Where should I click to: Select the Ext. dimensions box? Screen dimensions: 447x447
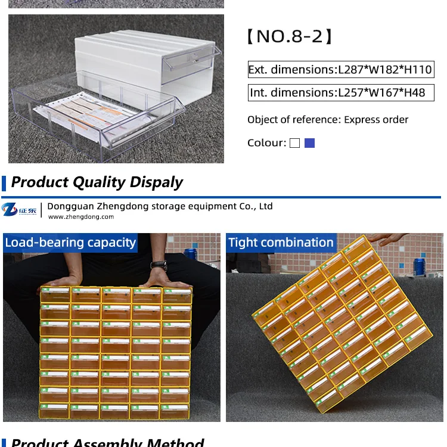pyautogui.click(x=340, y=70)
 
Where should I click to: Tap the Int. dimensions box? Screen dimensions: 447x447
pyautogui.click(x=337, y=93)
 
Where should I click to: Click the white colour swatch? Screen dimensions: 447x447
pyautogui.click(x=294, y=143)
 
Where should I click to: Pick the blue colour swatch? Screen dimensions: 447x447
pyautogui.click(x=309, y=143)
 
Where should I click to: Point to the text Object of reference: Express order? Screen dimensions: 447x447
pyautogui.click(x=328, y=120)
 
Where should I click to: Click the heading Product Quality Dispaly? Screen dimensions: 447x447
pyautogui.click(x=97, y=182)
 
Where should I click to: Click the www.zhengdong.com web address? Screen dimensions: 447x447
pyautogui.click(x=80, y=217)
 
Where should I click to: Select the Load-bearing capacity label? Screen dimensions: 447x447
pyautogui.click(x=70, y=243)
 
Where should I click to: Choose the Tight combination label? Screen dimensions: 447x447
pyautogui.click(x=281, y=243)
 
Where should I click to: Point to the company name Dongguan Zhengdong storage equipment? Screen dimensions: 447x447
pyautogui.click(x=160, y=206)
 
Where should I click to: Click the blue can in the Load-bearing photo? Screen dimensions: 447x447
pyautogui.click(x=190, y=253)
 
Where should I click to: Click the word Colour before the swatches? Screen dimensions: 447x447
pyautogui.click(x=266, y=143)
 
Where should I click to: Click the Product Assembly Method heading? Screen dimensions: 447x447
pyautogui.click(x=107, y=442)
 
